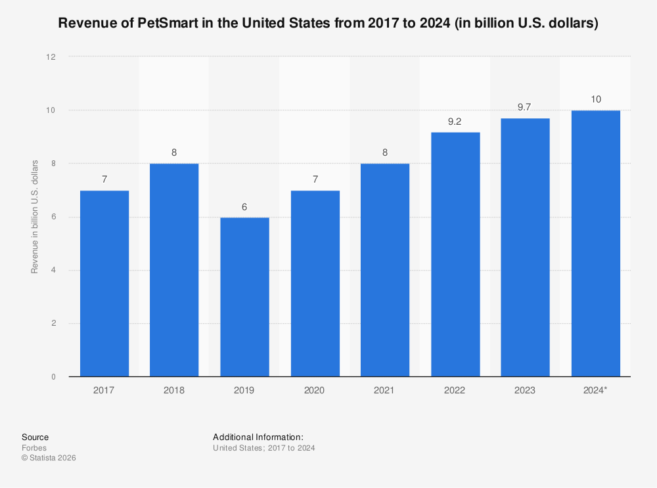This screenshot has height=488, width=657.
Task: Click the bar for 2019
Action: [244, 297]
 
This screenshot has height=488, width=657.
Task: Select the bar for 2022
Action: [455, 254]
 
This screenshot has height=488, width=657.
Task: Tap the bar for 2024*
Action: [596, 244]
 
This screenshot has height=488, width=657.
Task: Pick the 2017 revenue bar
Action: [104, 284]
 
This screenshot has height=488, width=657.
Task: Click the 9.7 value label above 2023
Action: [524, 107]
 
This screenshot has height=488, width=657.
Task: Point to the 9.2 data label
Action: [455, 121]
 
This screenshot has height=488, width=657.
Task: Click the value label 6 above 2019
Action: [244, 206]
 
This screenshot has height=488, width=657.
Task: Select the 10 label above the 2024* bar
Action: [596, 99]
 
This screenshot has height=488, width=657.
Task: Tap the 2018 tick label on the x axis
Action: [174, 390]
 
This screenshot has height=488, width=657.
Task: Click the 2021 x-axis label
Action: [384, 390]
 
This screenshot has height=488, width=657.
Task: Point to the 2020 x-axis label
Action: [314, 390]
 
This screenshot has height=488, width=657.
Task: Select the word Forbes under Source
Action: [34, 448]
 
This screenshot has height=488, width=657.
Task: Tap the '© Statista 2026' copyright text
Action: [49, 458]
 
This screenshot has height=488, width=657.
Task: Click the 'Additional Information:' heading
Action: [258, 437]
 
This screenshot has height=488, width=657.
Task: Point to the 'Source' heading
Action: [35, 437]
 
